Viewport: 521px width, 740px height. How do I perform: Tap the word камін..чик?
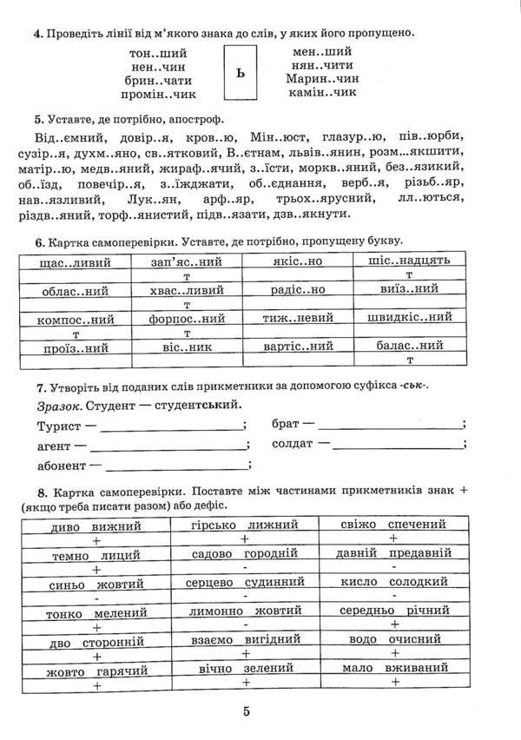[x=322, y=92]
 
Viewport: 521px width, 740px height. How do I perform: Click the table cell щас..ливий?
[x=73, y=261]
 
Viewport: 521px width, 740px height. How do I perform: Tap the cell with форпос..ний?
[x=187, y=319]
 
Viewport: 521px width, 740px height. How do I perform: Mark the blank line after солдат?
[x=399, y=446]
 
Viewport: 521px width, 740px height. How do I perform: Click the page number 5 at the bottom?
[x=246, y=712]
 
